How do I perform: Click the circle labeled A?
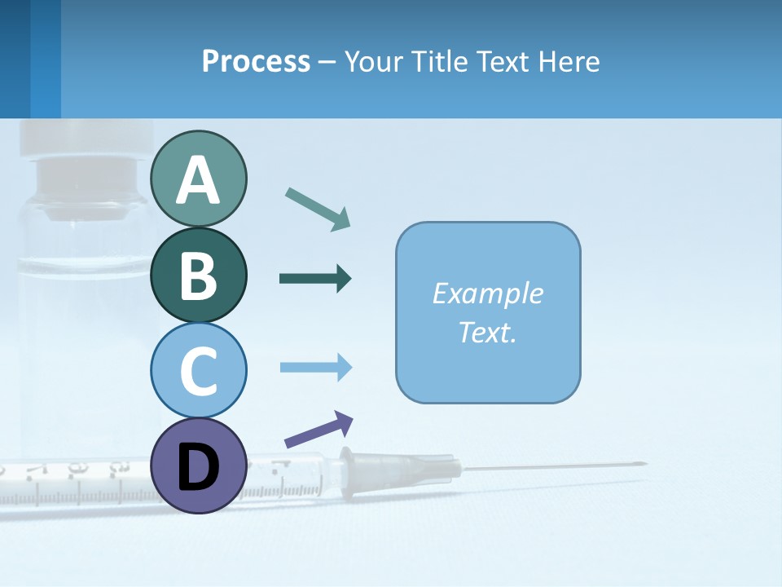pyautogui.click(x=198, y=179)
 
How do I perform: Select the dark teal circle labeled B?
pyautogui.click(x=198, y=275)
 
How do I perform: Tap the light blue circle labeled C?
pyautogui.click(x=198, y=370)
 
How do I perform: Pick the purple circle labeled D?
pyautogui.click(x=198, y=466)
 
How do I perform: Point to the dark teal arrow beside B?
pyautogui.click(x=315, y=279)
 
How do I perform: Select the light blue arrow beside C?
pyautogui.click(x=316, y=368)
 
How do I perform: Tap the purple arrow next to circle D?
pyautogui.click(x=319, y=430)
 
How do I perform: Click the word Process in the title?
pyautogui.click(x=256, y=61)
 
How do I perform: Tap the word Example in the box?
pyautogui.click(x=487, y=293)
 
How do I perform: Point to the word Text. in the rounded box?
pyautogui.click(x=487, y=332)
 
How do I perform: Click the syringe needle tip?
pyautogui.click(x=644, y=465)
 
